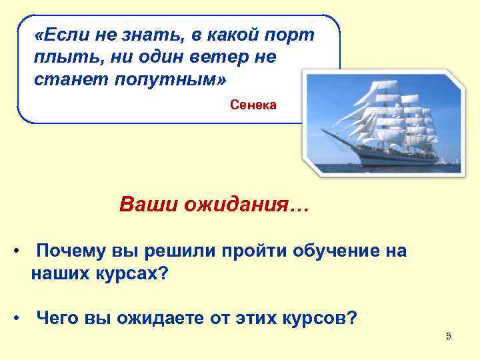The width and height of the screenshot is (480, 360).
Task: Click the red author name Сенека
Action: pyautogui.click(x=253, y=105)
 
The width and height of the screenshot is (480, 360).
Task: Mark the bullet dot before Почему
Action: pyautogui.click(x=15, y=252)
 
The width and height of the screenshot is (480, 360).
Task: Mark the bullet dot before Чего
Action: pyautogui.click(x=15, y=318)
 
